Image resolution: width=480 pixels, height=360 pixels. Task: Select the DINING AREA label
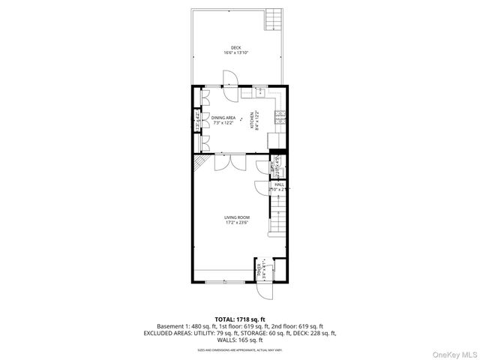pos(223,118)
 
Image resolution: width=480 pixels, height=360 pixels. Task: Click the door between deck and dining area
pos(229,79)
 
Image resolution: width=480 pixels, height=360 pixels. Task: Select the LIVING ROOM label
pos(236,216)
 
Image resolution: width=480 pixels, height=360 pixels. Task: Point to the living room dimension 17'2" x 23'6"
pos(236,221)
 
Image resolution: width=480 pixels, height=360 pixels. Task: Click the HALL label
pos(279,184)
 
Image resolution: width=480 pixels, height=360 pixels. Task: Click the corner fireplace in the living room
pos(198,163)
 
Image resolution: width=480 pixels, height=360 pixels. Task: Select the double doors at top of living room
pos(229,162)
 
